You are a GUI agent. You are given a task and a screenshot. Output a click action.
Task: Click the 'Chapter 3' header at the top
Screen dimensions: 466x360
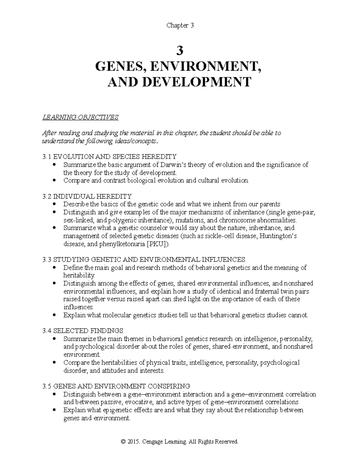180,26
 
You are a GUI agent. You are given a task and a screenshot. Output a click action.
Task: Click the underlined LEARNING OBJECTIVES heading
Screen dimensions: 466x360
81,117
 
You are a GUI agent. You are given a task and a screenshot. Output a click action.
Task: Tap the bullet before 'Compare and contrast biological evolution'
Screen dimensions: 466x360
54,181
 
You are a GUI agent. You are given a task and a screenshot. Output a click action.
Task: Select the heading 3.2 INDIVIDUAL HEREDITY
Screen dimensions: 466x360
87,197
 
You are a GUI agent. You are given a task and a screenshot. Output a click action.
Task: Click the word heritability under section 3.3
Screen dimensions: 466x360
79,275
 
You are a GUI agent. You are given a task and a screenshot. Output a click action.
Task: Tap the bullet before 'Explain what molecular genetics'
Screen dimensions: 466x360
54,315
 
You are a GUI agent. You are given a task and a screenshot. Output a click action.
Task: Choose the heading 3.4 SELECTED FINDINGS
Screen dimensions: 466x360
83,331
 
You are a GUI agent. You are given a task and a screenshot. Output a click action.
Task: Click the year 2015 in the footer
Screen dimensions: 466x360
133,442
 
